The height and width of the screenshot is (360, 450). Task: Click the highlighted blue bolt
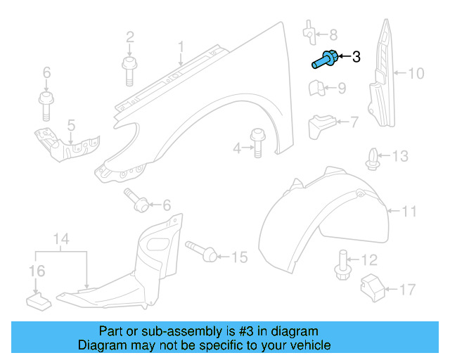pyautogui.click(x=323, y=60)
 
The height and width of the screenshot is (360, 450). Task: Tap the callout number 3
pyautogui.click(x=356, y=57)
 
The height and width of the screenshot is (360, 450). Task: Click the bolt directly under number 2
pyautogui.click(x=129, y=70)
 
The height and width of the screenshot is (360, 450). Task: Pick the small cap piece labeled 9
pyautogui.click(x=316, y=89)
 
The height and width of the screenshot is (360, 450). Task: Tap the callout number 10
pyautogui.click(x=416, y=72)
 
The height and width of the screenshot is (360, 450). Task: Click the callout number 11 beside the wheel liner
pyautogui.click(x=409, y=210)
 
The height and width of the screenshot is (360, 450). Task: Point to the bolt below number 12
pyautogui.click(x=342, y=265)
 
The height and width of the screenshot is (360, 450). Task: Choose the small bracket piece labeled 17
pyautogui.click(x=371, y=287)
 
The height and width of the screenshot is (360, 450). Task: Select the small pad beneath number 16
pyautogui.click(x=38, y=300)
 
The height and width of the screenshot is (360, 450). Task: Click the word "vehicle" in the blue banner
pyautogui.click(x=310, y=346)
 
